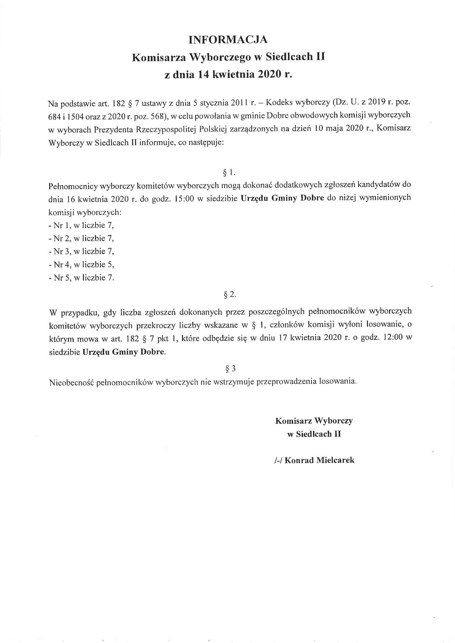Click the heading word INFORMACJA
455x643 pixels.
228,39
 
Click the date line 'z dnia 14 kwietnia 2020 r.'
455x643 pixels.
228,74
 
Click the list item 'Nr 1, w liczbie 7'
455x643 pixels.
81,225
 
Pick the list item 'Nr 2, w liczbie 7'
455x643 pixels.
81,238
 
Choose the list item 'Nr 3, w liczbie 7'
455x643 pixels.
81,251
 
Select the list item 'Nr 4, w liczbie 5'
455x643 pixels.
81,265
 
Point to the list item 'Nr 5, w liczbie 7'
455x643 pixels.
81,278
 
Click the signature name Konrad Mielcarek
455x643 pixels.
319,460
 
